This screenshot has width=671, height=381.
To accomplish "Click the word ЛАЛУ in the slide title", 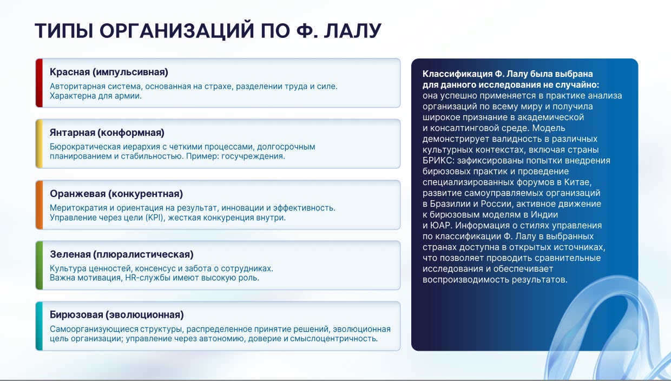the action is pos(353,30).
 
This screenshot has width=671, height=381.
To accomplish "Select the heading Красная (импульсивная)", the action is pos(109,72).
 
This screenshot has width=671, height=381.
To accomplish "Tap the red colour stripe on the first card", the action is pos(40,83).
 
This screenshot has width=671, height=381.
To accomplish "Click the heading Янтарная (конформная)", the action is pos(107,133).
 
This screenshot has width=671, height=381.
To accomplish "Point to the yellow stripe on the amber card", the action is pos(40,144).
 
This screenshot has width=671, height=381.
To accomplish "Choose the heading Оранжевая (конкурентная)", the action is pos(116,194).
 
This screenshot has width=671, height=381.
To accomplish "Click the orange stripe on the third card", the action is pos(40,205).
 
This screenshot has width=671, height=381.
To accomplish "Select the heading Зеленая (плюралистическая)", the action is pos(122,254).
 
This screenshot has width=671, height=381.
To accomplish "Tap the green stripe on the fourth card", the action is pos(40,265).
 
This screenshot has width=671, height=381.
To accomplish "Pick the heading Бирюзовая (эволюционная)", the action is pos(117,315).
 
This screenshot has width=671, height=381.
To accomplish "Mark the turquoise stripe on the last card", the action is pos(40,326).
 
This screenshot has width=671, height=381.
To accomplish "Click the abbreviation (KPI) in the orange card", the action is pos(155,218).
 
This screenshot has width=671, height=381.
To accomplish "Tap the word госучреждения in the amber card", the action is pos(253,156).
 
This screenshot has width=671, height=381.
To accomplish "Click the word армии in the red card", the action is pos(130,96).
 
